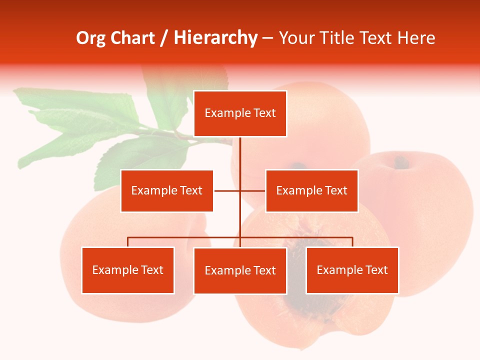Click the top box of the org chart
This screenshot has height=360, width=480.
(x=240, y=113)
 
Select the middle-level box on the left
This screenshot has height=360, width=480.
(x=166, y=190)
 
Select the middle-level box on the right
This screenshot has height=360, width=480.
(x=311, y=190)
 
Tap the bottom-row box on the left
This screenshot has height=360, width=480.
(x=127, y=270)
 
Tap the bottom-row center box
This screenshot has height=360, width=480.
(x=240, y=270)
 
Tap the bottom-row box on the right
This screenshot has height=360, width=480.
(x=352, y=270)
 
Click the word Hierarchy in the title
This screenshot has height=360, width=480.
(x=215, y=38)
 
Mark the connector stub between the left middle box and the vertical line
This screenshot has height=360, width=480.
(x=227, y=190)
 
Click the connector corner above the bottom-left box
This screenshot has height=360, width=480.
(x=128, y=238)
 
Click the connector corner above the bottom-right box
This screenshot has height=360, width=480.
(x=352, y=238)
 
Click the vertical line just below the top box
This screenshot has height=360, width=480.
(x=240, y=150)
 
